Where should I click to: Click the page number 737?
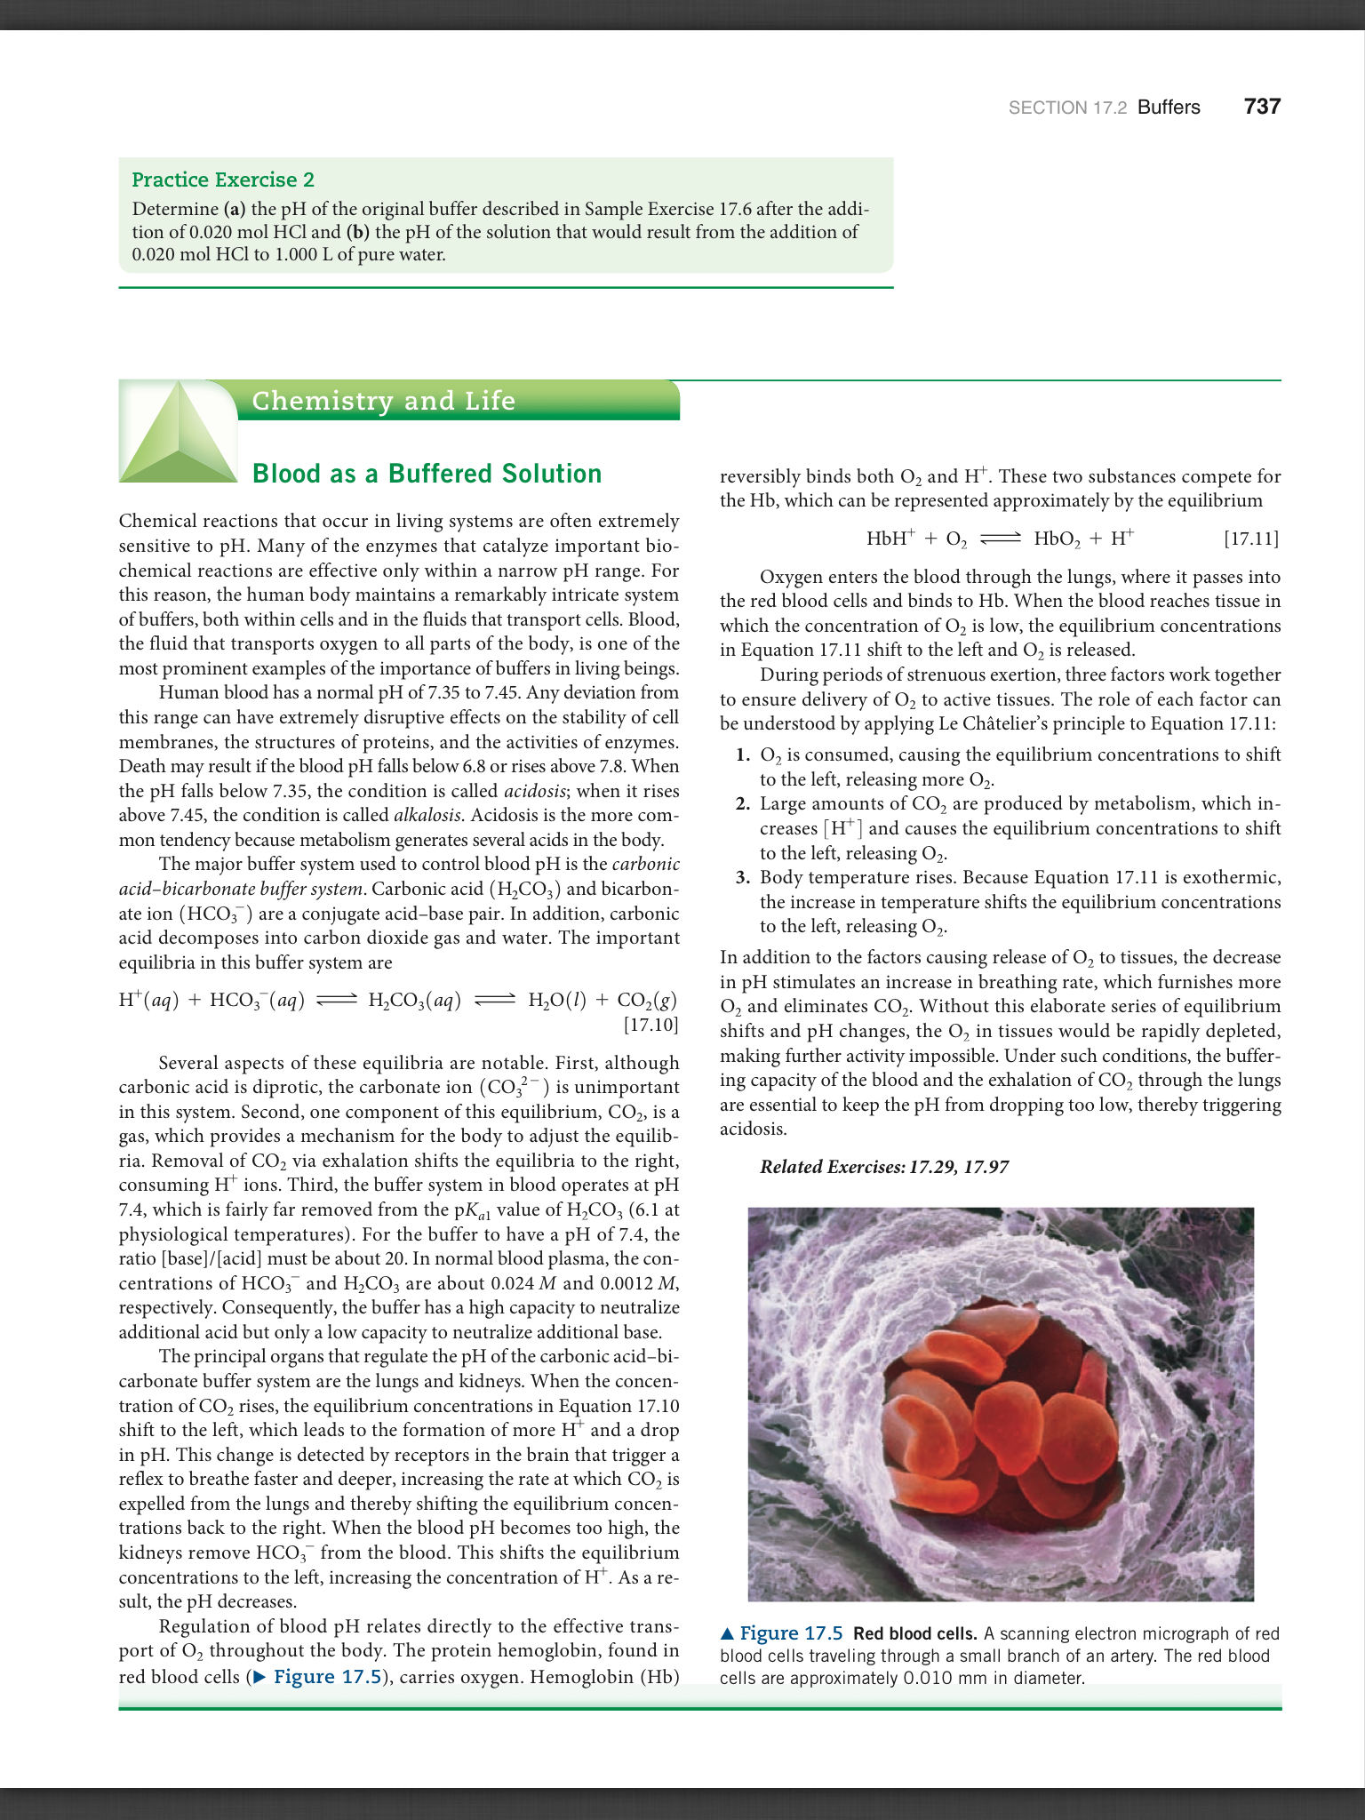[x=1262, y=107]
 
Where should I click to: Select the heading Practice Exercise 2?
[x=223, y=180]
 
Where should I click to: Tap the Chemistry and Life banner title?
[x=383, y=401]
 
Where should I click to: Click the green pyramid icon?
[x=178, y=433]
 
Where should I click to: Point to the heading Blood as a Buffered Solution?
[x=427, y=474]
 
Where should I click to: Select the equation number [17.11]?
[x=1251, y=539]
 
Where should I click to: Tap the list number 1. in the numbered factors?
[x=743, y=755]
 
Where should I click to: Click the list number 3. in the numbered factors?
[x=743, y=878]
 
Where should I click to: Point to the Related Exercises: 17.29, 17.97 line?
[x=884, y=1167]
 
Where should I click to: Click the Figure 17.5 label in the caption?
[x=790, y=1633]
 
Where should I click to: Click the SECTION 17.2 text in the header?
[x=1067, y=108]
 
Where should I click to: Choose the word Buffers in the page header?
[x=1169, y=108]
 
